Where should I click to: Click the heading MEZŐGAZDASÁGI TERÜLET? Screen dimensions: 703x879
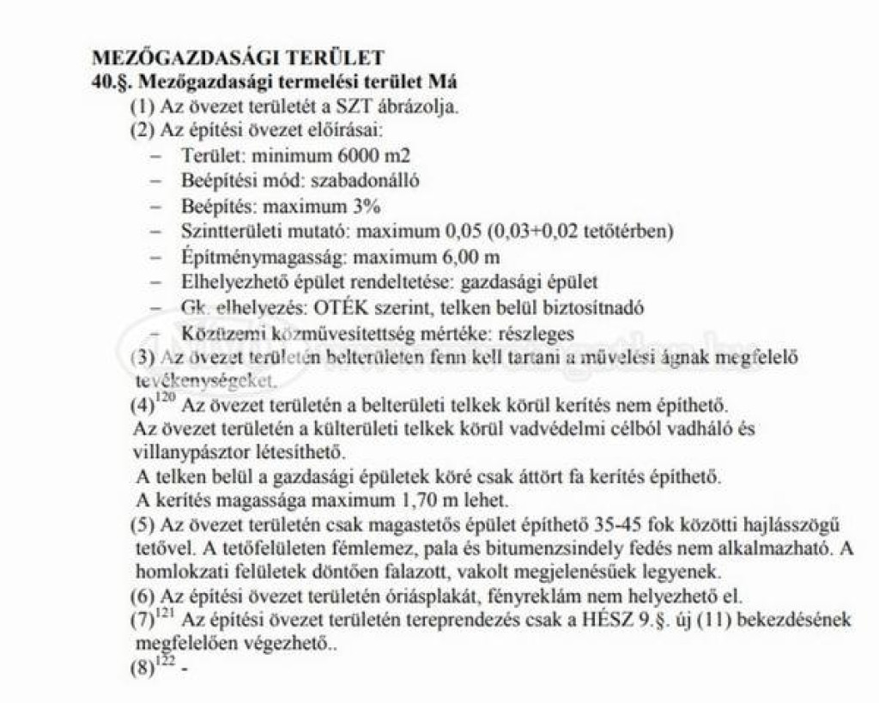click(x=237, y=58)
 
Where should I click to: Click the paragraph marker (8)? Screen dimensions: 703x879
click(x=142, y=670)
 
